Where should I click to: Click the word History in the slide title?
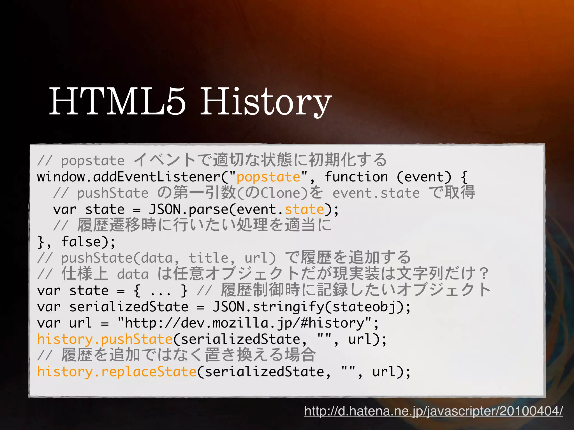tap(266, 102)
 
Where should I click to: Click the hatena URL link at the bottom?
tap(434, 411)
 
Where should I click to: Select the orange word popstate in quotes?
tap(268, 177)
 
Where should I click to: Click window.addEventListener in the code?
tap(129, 177)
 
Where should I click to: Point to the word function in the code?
tap(356, 177)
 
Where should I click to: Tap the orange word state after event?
tap(304, 210)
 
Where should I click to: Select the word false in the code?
tap(81, 242)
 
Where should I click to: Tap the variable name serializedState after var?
tap(129, 307)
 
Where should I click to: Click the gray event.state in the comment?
tap(376, 193)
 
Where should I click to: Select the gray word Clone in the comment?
tap(284, 193)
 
